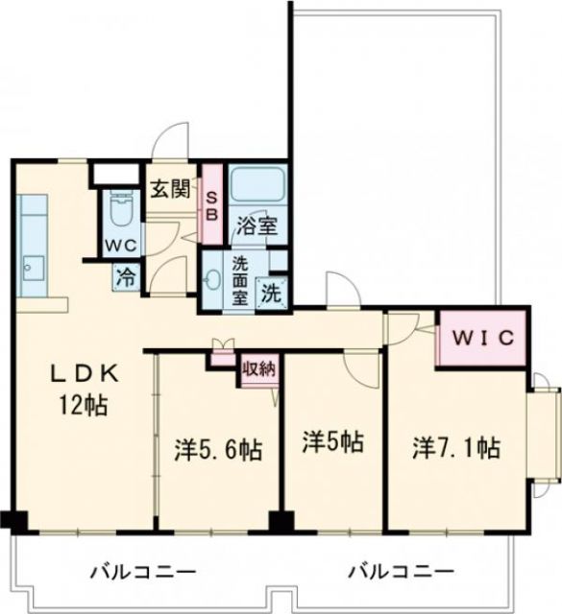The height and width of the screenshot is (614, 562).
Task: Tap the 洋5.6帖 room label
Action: pos(218,448)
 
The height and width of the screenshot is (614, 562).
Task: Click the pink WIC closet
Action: pos(482,339)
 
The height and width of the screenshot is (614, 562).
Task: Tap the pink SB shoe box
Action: pos(212,204)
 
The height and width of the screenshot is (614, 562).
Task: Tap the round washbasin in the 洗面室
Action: pos(212,280)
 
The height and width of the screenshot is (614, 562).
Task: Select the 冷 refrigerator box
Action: pos(126,278)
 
